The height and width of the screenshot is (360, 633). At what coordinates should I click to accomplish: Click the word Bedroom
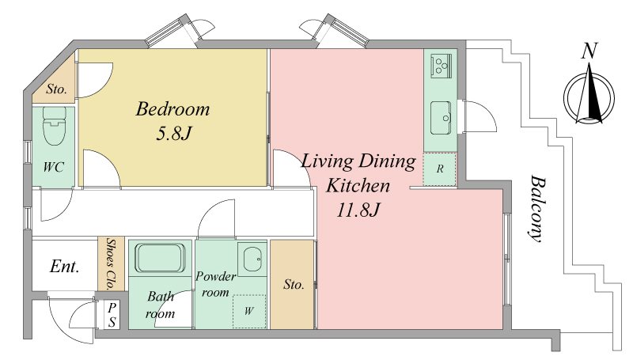point(172,109)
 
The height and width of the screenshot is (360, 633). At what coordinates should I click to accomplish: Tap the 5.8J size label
point(172,133)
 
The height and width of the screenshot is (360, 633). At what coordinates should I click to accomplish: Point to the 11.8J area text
point(358,210)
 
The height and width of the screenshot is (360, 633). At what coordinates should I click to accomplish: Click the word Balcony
point(538,208)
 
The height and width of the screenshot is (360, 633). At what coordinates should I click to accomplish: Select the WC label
point(53,167)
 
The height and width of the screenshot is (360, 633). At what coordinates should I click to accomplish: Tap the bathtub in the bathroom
point(161,258)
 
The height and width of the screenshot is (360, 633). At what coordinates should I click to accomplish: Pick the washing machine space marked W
point(249,311)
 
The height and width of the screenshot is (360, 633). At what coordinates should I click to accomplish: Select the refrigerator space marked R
point(440,169)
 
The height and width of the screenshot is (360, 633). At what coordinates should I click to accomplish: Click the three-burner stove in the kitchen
point(442,65)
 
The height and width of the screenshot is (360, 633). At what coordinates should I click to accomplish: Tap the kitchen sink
point(441,117)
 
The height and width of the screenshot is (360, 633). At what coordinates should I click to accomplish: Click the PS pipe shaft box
point(112,315)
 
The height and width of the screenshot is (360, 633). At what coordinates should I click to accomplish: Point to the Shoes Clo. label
point(110,264)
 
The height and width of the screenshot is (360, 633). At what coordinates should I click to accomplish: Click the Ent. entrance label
point(64,267)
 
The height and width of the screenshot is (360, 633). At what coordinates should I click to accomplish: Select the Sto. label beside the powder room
point(294,285)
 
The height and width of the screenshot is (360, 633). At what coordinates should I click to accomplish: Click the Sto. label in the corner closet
point(56,89)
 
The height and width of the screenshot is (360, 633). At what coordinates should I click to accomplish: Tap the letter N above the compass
point(589,51)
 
